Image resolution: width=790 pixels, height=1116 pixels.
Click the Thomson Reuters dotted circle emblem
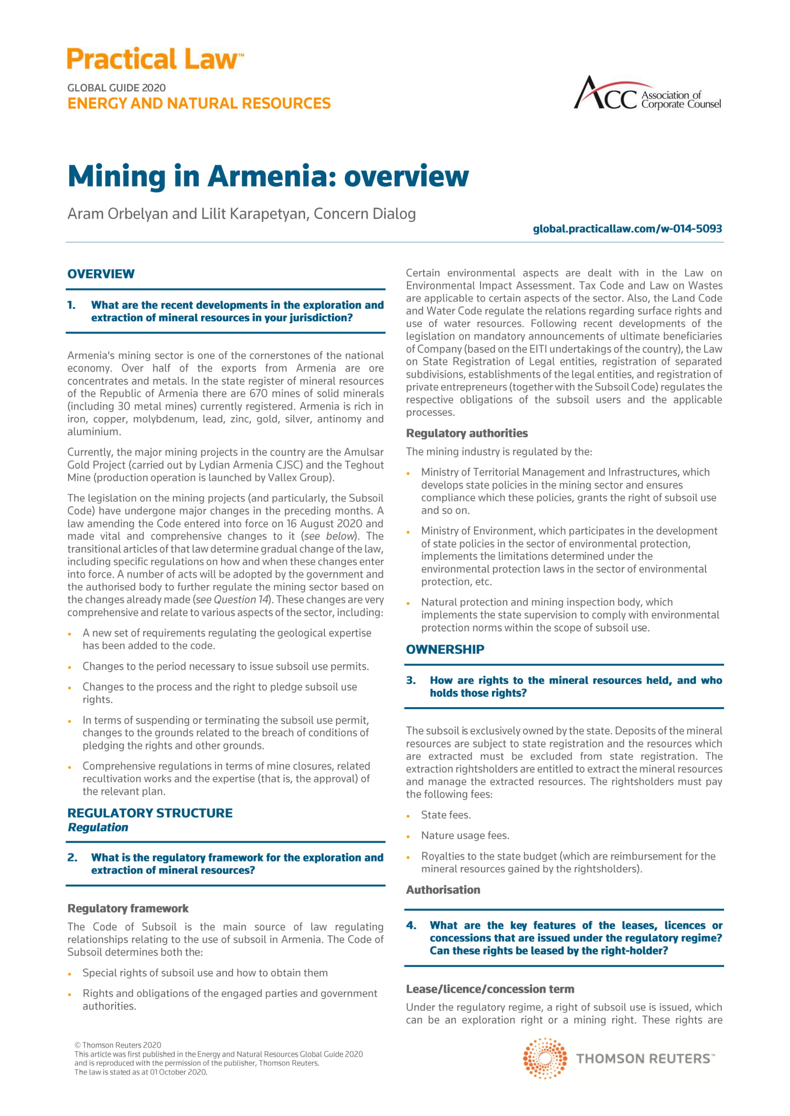[544, 1058]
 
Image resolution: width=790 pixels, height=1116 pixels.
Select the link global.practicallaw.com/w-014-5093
[627, 229]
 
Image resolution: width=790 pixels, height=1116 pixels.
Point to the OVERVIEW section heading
[101, 274]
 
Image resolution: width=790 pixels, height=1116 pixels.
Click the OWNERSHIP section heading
[445, 649]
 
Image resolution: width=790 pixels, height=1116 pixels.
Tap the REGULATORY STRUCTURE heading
[150, 813]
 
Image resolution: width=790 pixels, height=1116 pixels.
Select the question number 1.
[72, 305]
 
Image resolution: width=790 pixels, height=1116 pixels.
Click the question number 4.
[411, 926]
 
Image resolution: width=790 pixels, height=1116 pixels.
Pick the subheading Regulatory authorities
[467, 433]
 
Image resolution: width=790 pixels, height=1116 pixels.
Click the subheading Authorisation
[443, 890]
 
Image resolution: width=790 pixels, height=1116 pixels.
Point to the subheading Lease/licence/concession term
[490, 989]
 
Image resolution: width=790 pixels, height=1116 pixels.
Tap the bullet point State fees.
[446, 815]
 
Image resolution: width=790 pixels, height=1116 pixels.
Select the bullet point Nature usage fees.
[465, 835]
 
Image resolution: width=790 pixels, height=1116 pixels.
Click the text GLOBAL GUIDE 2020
[116, 88]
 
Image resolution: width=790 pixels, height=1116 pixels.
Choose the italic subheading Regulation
[98, 827]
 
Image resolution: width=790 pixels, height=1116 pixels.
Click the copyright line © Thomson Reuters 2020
[117, 1045]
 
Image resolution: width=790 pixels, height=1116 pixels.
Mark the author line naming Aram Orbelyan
[241, 214]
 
